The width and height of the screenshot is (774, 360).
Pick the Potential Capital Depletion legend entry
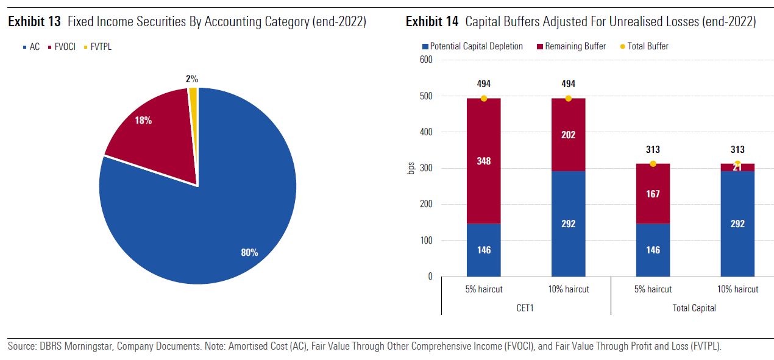(x=472, y=46)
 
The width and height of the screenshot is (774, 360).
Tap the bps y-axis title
(x=410, y=168)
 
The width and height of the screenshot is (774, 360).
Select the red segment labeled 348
(x=484, y=161)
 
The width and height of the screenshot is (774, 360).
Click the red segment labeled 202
(x=568, y=135)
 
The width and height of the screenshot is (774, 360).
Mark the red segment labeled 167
(x=653, y=194)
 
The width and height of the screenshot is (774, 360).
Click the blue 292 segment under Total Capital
(x=737, y=224)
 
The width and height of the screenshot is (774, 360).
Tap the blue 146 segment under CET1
(x=484, y=250)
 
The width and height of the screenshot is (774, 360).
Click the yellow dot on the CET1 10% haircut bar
(x=568, y=98)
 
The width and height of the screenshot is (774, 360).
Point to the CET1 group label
(x=526, y=308)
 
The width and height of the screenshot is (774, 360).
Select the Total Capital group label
(x=694, y=308)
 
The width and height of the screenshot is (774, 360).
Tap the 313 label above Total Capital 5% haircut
(x=653, y=150)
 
